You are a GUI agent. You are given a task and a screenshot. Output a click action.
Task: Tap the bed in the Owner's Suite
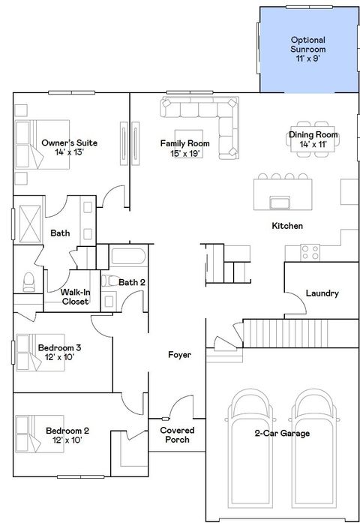coord(42,143)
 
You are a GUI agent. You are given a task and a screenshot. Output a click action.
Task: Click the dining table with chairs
coord(313,135)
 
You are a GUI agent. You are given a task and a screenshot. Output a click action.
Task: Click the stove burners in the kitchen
coord(312,252)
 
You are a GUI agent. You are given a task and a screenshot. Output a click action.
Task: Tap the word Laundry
coord(322,293)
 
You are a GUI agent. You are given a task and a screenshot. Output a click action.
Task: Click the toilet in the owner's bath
coord(29,281)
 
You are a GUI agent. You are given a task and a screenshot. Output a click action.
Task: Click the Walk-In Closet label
coord(75,296)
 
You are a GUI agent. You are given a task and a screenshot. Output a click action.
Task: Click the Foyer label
coord(179,354)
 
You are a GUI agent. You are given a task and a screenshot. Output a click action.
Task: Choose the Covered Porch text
coord(178,434)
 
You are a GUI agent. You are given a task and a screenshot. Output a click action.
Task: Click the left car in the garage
coord(250,450)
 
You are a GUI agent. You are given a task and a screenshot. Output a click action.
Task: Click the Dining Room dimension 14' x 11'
coord(313,144)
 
